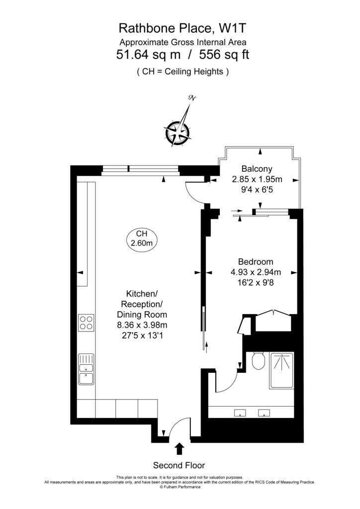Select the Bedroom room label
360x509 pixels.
[x=256, y=261]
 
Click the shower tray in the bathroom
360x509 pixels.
[x=281, y=370]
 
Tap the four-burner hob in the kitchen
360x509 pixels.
[x=86, y=323]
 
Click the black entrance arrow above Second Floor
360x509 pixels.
[x=179, y=449]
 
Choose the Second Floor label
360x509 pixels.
[x=179, y=465]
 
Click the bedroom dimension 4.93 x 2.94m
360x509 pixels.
[x=256, y=272]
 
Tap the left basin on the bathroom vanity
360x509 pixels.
[x=240, y=412]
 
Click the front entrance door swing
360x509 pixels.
[x=178, y=427]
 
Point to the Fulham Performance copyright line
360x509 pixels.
[x=180, y=487]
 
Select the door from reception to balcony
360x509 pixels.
[x=195, y=193]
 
